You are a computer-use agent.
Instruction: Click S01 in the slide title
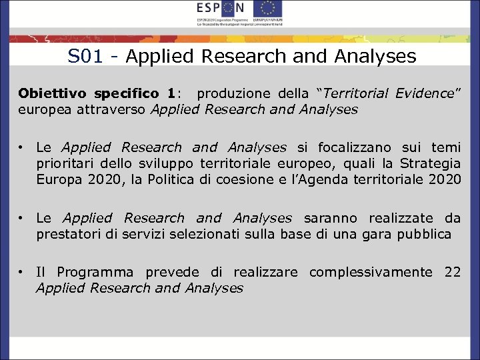coord(85,57)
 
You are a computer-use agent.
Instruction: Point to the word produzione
coord(231,93)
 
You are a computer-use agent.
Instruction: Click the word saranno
coord(331,218)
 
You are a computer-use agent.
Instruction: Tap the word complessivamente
coord(371,272)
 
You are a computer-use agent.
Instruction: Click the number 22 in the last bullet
coord(452,272)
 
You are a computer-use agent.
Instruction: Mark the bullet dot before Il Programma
coord(22,272)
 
